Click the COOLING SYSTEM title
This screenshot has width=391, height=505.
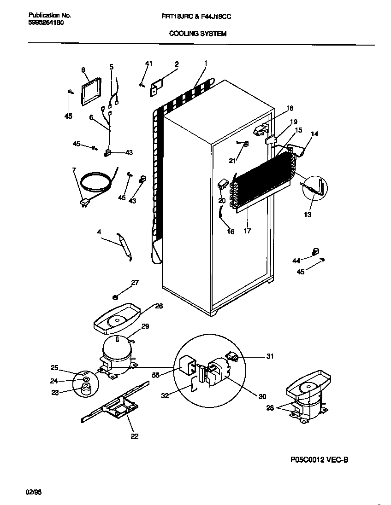click(x=198, y=34)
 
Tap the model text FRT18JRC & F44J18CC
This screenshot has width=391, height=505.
click(x=199, y=16)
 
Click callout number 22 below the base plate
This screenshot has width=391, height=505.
click(x=135, y=436)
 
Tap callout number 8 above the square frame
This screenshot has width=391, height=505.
click(x=83, y=70)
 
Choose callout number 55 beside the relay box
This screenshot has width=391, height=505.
click(x=155, y=376)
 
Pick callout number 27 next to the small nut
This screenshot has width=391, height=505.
click(x=135, y=283)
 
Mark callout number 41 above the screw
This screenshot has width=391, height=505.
click(x=148, y=63)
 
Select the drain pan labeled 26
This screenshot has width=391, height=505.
click(x=116, y=319)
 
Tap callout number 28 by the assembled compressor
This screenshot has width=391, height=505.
click(x=270, y=408)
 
